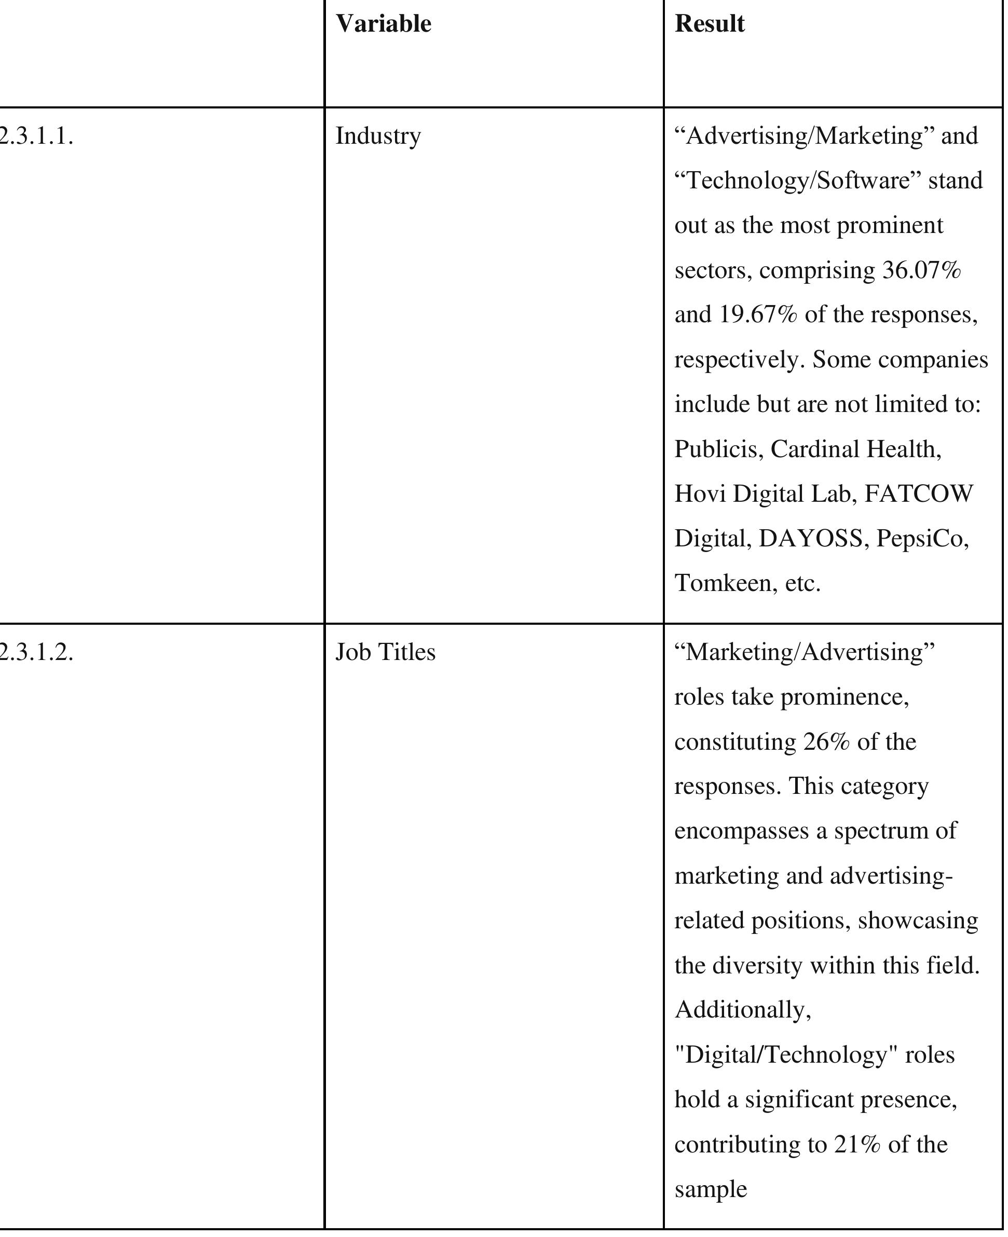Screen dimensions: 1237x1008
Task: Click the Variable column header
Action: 383,24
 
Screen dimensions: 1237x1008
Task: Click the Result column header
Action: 709,24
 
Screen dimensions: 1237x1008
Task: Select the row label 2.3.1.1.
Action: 36,136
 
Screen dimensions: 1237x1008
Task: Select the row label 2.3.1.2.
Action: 36,652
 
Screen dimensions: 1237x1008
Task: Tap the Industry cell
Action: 378,136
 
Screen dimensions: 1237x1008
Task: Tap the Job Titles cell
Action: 385,652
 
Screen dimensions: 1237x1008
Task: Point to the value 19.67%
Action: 758,315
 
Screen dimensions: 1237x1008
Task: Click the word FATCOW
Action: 919,494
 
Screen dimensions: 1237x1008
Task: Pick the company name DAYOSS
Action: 811,539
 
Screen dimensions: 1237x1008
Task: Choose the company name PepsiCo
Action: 922,539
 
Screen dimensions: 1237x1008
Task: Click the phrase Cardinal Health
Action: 855,449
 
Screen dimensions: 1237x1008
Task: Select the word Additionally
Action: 743,1011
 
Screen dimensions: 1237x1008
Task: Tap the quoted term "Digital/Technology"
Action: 786,1055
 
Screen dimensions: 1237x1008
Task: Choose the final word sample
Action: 710,1189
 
